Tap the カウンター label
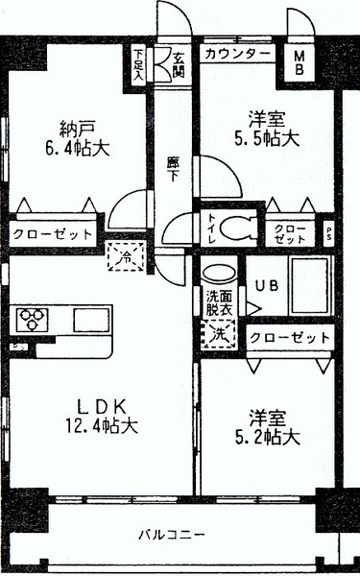point(237,54)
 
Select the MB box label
point(300,62)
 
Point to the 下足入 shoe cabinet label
point(140,64)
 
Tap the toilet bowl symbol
point(233,228)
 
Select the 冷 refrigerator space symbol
point(126,255)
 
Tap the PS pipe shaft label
point(330,230)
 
